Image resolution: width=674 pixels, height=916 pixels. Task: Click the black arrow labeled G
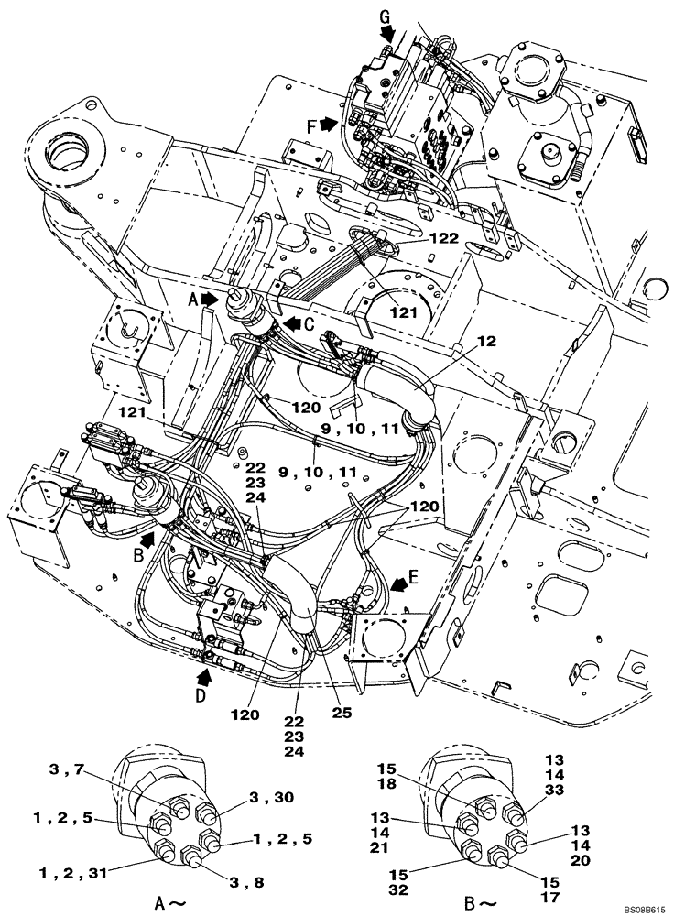tap(387, 36)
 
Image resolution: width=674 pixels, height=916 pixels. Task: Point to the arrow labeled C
tap(290, 322)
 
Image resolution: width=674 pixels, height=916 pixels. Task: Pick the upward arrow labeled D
tap(207, 678)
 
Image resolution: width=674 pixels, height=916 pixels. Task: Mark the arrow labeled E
tap(399, 581)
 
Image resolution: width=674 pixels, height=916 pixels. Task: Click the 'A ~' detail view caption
tap(176, 902)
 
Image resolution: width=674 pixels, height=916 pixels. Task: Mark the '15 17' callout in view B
tap(549, 889)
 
